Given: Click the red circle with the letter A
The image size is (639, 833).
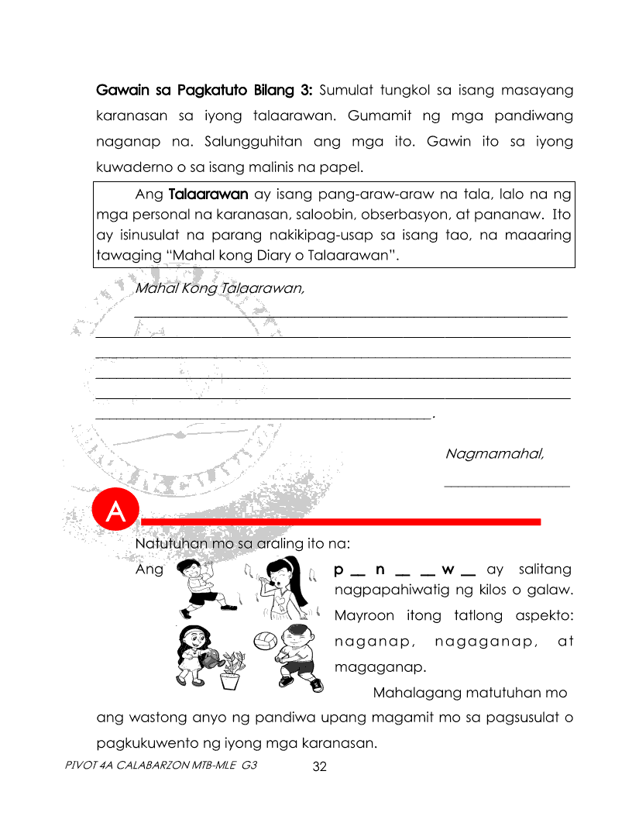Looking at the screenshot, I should (115, 512).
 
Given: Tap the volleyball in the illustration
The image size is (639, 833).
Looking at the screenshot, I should (264, 642).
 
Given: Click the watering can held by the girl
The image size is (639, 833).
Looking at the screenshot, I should (210, 659).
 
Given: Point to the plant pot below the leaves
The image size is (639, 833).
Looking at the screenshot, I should (230, 680).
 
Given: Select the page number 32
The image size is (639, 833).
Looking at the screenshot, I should (320, 767).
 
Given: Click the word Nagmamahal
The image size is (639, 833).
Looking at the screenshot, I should (494, 453).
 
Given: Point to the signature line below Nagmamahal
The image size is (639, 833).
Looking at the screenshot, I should (507, 486).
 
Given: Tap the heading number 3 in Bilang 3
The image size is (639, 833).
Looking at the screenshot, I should (307, 91).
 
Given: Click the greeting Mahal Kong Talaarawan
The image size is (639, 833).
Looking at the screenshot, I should (219, 289).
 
